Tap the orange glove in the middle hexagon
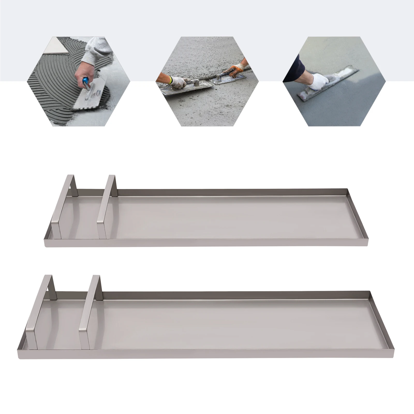[237, 70]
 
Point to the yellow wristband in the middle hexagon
[170, 80]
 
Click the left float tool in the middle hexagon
[185, 88]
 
